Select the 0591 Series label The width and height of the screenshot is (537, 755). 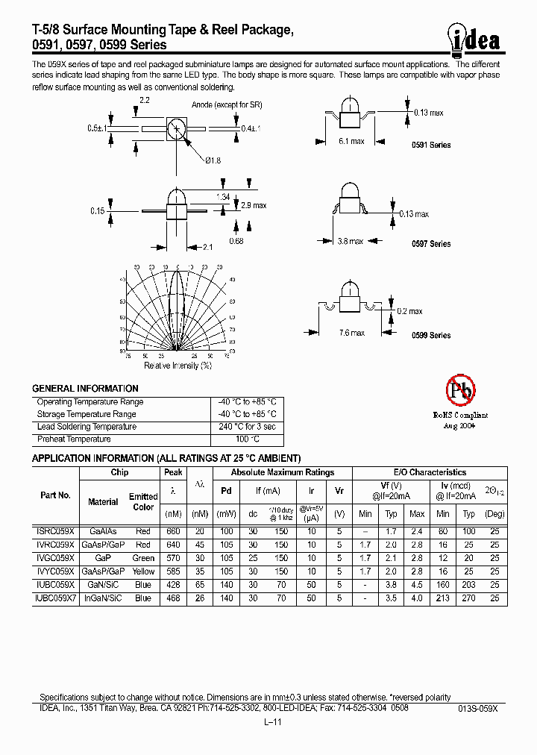click(x=431, y=145)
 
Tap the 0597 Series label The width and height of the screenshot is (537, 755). click(x=431, y=244)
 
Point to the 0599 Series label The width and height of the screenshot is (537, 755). click(x=431, y=336)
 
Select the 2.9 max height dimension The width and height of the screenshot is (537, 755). click(x=254, y=205)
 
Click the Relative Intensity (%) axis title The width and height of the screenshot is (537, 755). click(x=178, y=366)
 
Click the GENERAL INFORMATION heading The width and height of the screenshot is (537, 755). click(x=85, y=389)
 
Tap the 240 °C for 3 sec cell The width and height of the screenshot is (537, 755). click(x=247, y=427)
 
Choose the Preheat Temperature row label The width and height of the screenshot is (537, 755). click(x=74, y=439)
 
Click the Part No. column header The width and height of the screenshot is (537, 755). click(x=55, y=495)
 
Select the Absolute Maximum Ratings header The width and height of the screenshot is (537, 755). click(x=283, y=472)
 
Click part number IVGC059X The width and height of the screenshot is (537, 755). click(x=55, y=558)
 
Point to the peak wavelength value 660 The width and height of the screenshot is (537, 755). click(x=173, y=531)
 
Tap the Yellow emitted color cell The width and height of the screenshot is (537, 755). click(x=143, y=571)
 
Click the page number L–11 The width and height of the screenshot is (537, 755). click(x=271, y=723)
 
